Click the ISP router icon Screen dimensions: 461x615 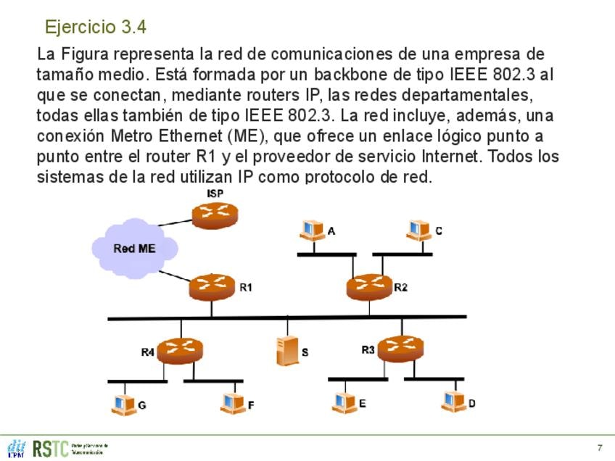215,214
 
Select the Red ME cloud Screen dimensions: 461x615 135,247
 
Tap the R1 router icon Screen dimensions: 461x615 212,287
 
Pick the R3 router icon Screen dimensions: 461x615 400,349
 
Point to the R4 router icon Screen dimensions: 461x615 179,351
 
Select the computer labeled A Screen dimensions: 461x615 313,230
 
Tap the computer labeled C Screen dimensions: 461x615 418,230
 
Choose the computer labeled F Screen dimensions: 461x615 233,402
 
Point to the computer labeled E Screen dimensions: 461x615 343,401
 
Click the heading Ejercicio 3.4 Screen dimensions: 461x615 96,28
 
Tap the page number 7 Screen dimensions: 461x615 600,447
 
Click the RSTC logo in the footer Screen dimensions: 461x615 51,448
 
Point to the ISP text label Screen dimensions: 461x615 215,193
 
